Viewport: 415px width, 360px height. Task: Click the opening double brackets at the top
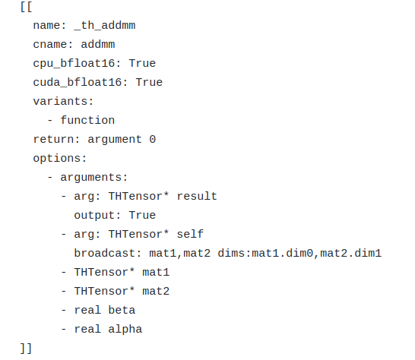(x=27, y=7)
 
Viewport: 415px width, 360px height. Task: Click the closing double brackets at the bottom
(x=27, y=348)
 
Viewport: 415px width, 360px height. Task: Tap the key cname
(x=50, y=45)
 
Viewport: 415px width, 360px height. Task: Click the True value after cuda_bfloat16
(x=149, y=82)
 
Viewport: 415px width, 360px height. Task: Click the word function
(x=87, y=120)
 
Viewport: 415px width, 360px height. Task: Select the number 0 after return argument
(x=152, y=139)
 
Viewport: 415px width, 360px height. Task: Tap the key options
(x=57, y=158)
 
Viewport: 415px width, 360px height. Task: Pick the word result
(x=196, y=196)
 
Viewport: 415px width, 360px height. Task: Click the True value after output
(x=142, y=215)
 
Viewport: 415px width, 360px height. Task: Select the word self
(x=189, y=234)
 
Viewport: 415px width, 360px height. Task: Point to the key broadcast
(x=104, y=253)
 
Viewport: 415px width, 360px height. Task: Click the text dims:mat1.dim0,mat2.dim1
(x=299, y=253)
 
